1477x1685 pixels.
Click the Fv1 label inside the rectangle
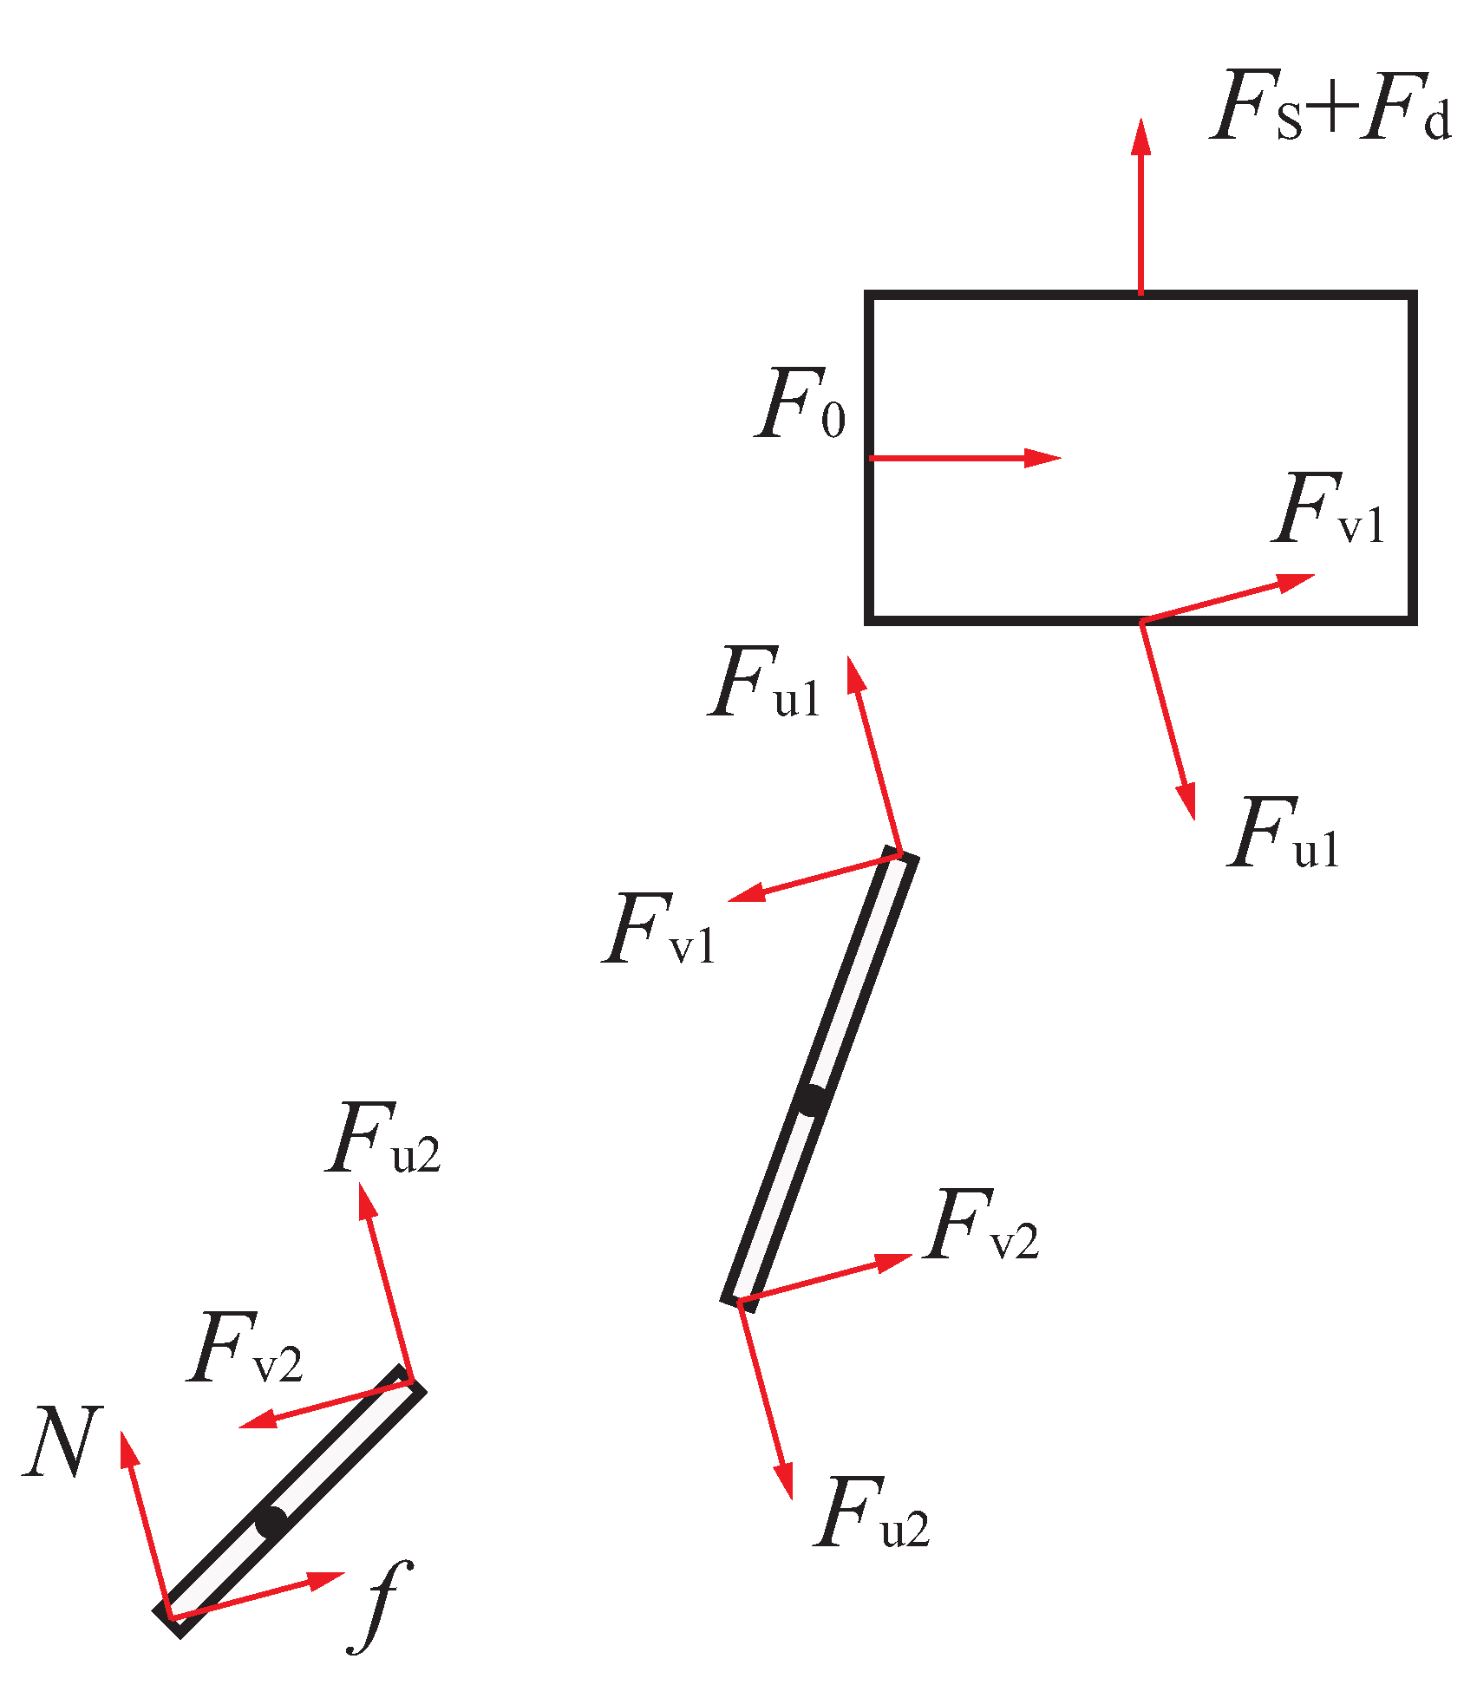[x=1329, y=512]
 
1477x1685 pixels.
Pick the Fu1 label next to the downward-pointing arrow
[x=1284, y=835]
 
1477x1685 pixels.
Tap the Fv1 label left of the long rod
[x=659, y=931]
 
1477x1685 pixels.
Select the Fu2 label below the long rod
[x=872, y=1514]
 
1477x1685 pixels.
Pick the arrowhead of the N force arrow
[x=127, y=1447]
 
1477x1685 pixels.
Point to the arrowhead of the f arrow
[x=329, y=1579]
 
